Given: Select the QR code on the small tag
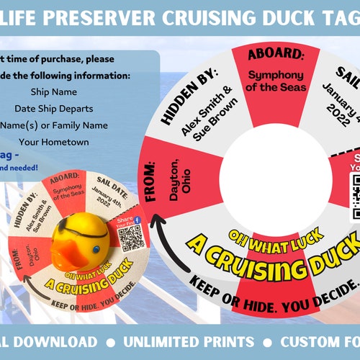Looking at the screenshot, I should [x=130, y=238].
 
